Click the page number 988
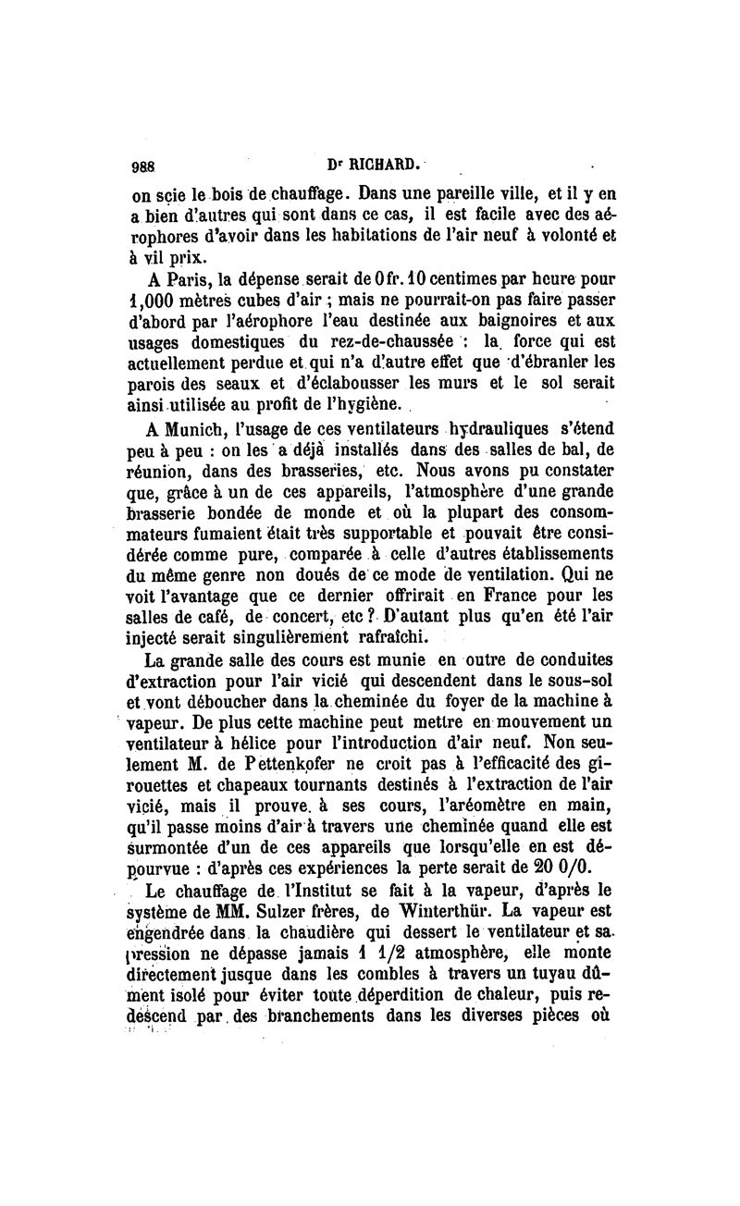pos(143,167)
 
